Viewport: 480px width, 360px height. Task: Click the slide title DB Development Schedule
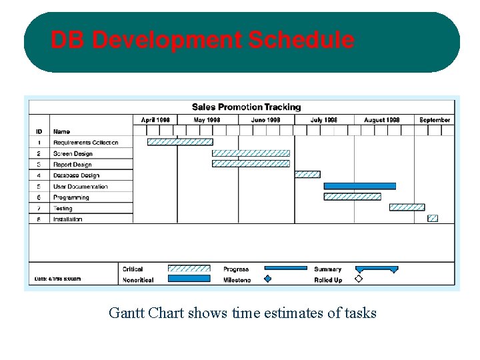pyautogui.click(x=203, y=41)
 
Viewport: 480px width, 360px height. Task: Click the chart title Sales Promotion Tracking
pyautogui.click(x=246, y=107)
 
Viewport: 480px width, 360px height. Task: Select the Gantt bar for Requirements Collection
pyautogui.click(x=180, y=142)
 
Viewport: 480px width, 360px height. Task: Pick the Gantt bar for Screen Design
pyautogui.click(x=251, y=153)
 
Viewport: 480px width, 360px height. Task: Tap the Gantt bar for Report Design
pyautogui.click(x=251, y=164)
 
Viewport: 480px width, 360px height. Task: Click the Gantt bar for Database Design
pyautogui.click(x=307, y=175)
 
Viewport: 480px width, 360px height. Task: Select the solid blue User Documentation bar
pyautogui.click(x=359, y=186)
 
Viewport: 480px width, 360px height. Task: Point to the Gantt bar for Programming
pyautogui.click(x=352, y=197)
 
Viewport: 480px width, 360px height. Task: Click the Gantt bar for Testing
pyautogui.click(x=407, y=207)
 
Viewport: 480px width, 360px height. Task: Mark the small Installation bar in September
pyautogui.click(x=433, y=218)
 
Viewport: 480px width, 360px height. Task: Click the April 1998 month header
pyautogui.click(x=155, y=120)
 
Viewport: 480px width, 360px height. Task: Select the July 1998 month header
pyautogui.click(x=324, y=120)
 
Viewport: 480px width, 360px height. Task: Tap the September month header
pyautogui.click(x=435, y=120)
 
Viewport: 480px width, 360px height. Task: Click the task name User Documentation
pyautogui.click(x=80, y=187)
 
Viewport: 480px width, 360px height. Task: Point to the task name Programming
pyautogui.click(x=71, y=197)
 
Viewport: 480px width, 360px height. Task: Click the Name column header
pyautogui.click(x=61, y=131)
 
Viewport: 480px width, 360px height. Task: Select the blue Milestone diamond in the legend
pyautogui.click(x=268, y=279)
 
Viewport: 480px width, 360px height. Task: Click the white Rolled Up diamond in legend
pyautogui.click(x=359, y=279)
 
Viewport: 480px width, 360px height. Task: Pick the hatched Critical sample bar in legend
pyautogui.click(x=189, y=269)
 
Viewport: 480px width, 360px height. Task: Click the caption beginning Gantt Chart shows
pyautogui.click(x=243, y=313)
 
